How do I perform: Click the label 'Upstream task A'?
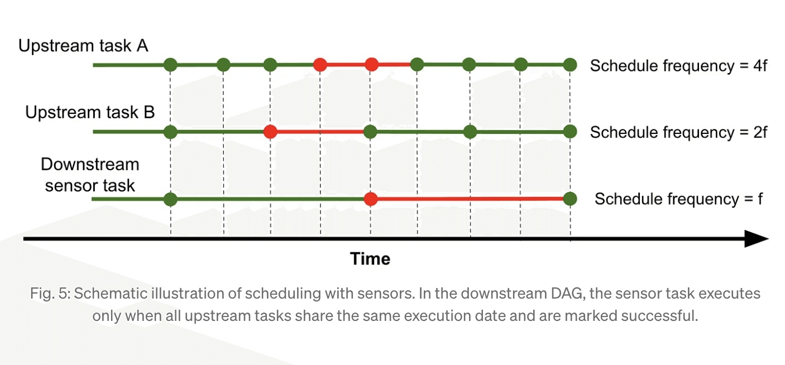[83, 46]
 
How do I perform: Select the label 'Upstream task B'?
[90, 112]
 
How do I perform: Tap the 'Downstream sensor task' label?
[90, 175]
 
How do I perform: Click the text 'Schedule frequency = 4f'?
[678, 65]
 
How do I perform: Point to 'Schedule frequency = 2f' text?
[678, 132]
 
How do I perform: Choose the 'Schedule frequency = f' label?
[678, 199]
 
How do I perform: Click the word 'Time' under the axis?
[370, 259]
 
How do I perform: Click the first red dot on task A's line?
[320, 65]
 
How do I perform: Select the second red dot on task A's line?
[371, 65]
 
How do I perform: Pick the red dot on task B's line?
[270, 132]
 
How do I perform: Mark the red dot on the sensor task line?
[371, 199]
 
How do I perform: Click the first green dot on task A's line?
[170, 65]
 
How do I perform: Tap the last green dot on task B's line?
[570, 132]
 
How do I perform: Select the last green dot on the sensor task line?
[570, 199]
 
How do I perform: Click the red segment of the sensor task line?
[470, 199]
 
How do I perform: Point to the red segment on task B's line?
[320, 132]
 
